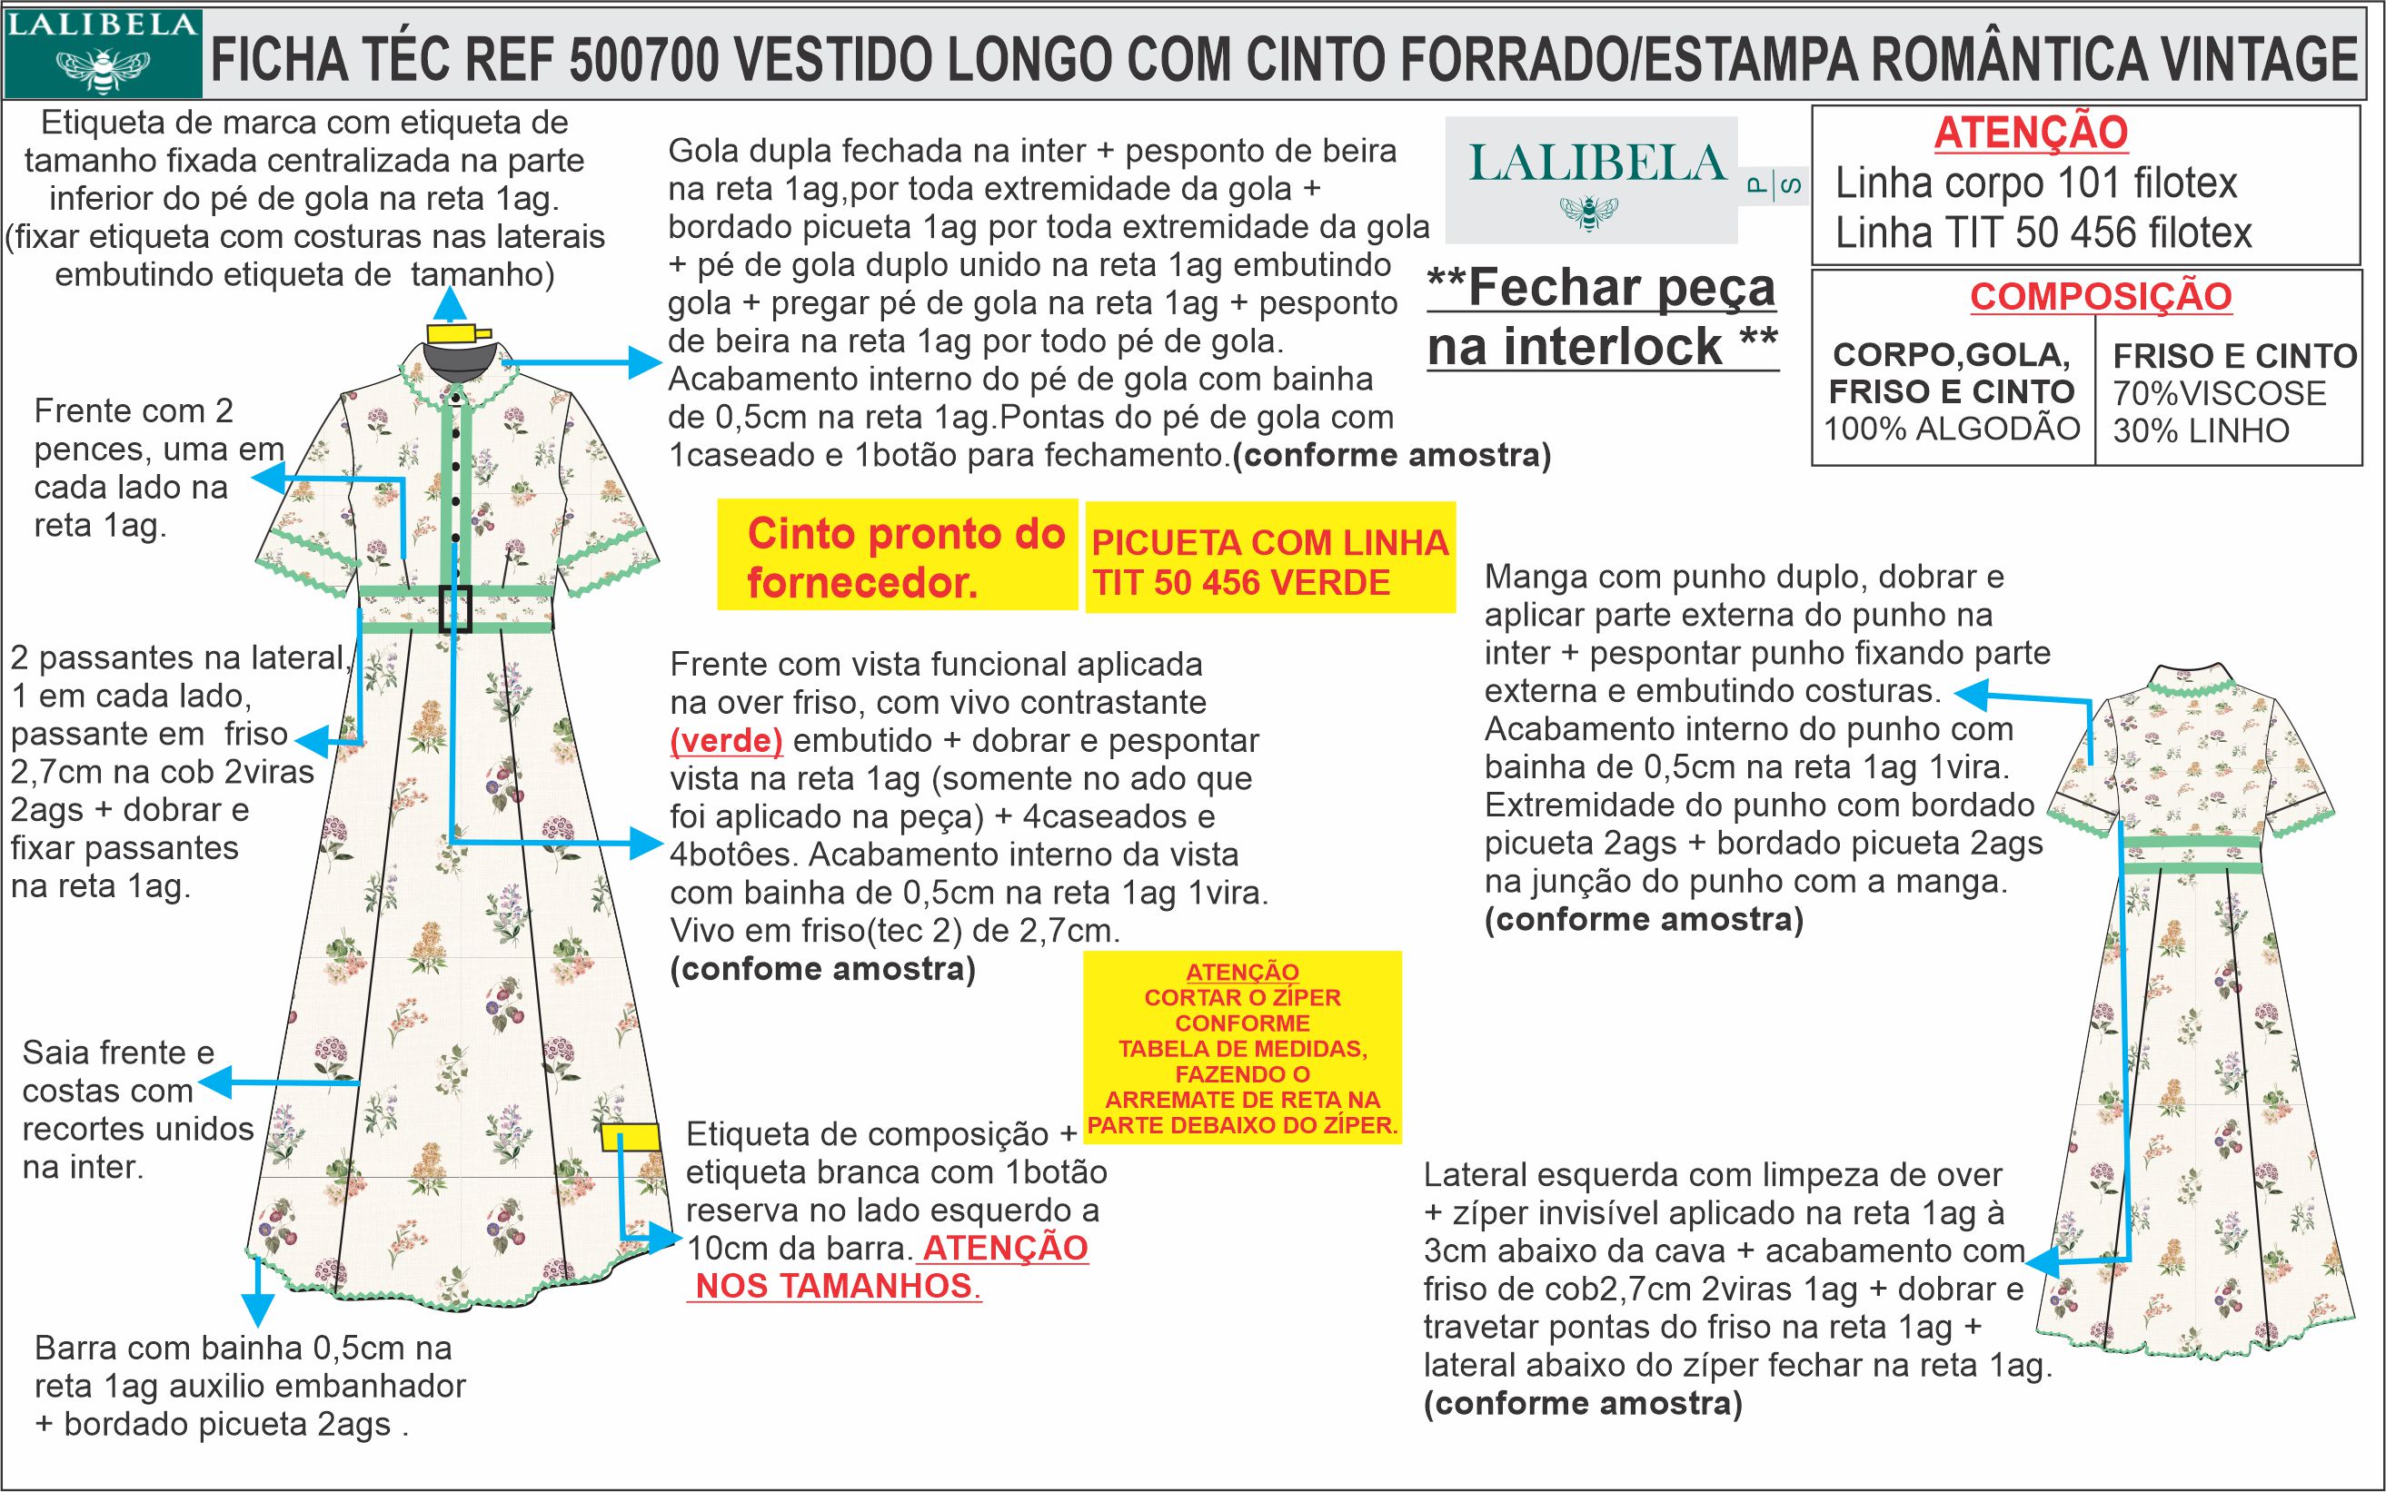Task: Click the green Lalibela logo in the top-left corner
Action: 103,54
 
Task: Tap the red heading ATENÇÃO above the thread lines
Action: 2031,133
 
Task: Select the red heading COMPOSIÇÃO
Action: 2101,296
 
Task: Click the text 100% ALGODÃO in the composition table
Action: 1952,430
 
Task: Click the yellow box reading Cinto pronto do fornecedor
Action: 897,557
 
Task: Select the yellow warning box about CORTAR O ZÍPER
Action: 1242,1048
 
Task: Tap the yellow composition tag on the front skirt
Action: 631,1137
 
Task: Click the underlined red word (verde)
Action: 726,740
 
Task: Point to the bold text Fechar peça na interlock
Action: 1602,317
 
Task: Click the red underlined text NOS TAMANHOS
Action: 835,1287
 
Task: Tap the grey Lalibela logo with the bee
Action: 1590,180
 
